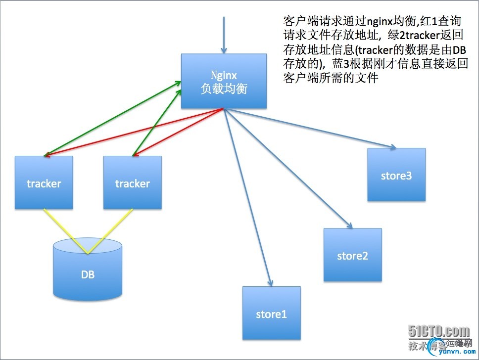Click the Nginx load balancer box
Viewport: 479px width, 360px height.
point(224,82)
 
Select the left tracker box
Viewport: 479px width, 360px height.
point(44,183)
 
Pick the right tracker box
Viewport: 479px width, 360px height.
point(132,183)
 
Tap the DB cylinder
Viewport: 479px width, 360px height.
point(88,274)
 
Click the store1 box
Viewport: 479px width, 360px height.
point(271,314)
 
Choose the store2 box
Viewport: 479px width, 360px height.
point(352,255)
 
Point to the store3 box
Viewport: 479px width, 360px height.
point(396,175)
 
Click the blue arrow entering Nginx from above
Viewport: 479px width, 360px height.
point(224,35)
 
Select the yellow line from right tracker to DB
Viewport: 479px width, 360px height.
point(110,231)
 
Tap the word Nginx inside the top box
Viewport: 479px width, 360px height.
point(224,75)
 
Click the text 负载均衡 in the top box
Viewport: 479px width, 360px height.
point(224,89)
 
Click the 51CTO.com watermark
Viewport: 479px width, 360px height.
point(438,331)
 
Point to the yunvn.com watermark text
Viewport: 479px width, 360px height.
point(448,353)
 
